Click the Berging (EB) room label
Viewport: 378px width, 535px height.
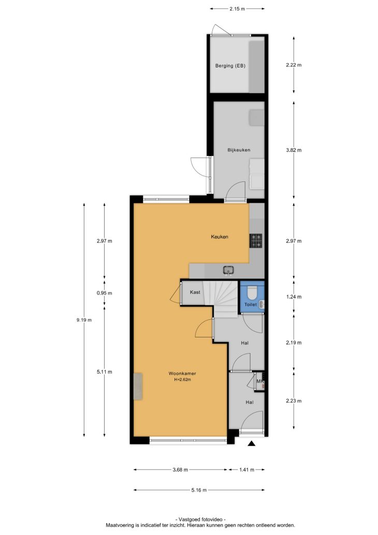230,66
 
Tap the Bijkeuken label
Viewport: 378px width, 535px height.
239,150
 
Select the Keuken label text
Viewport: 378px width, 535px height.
220,236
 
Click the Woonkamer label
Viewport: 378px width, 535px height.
182,373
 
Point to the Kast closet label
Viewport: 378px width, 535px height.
195,292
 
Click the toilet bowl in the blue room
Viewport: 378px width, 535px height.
252,292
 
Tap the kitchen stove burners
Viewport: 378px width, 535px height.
256,241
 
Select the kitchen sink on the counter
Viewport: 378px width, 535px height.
228,270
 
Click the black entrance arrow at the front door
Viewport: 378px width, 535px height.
252,443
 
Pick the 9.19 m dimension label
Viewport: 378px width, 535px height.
84,320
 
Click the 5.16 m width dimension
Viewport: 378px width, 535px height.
199,490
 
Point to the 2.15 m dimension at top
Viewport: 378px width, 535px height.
237,9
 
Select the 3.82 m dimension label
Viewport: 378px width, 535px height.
294,150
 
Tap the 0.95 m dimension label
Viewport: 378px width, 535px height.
104,293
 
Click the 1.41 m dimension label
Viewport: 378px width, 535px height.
247,470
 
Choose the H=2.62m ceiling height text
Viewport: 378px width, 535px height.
182,379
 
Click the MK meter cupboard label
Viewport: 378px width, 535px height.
260,381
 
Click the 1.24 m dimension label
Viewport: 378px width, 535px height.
294,297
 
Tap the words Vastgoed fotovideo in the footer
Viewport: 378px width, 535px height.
200,519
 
